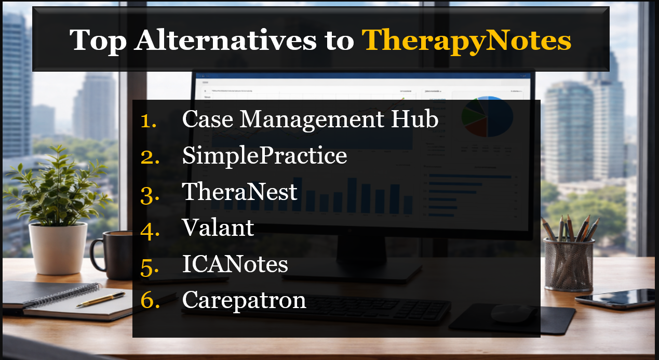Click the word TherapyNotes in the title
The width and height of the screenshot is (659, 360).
[466, 39]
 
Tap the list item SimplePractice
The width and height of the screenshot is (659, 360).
[264, 156]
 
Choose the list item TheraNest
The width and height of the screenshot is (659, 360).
[239, 192]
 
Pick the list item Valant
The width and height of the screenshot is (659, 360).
[218, 228]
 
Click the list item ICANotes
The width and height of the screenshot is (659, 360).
[235, 264]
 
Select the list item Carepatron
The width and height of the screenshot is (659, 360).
[244, 300]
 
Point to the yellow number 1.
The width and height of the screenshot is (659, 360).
[149, 121]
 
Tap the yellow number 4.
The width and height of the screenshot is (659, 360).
[150, 229]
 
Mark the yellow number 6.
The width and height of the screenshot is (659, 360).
[150, 301]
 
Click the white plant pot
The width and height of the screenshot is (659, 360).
[58, 248]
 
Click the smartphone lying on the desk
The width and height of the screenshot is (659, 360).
[615, 298]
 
